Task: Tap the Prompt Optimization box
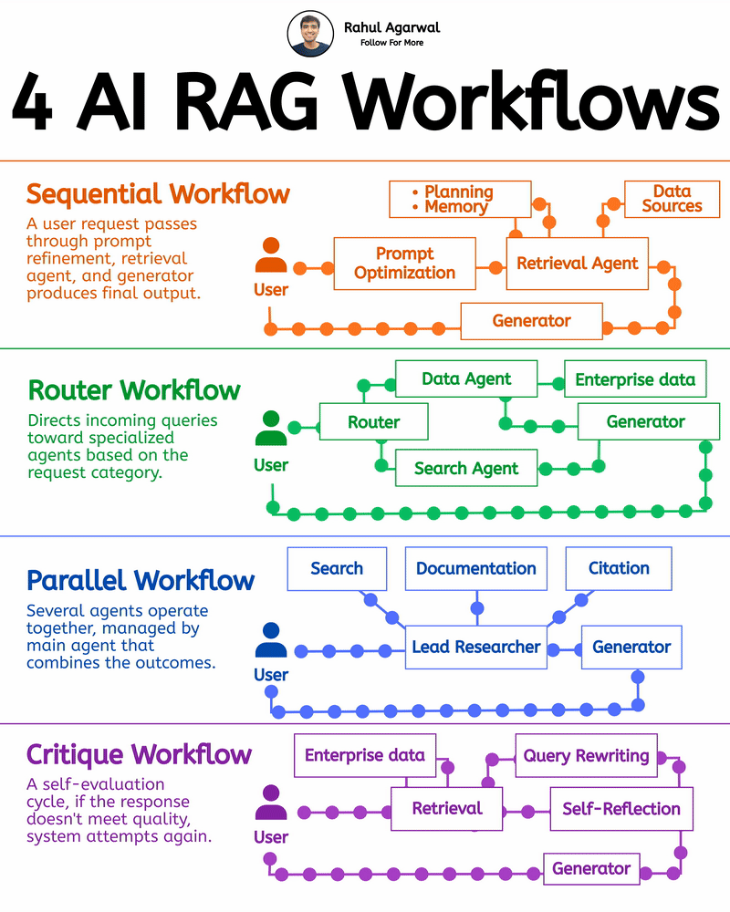404,264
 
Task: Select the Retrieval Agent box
578,264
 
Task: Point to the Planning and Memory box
459,199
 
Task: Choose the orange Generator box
531,321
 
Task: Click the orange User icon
271,256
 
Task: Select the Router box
373,422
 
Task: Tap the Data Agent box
466,378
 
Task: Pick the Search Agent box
465,469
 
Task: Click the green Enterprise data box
635,378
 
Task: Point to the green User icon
271,429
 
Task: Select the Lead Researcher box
475,647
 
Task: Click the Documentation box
475,568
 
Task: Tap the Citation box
618,568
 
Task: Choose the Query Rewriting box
586,756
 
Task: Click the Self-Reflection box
620,808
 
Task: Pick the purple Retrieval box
446,808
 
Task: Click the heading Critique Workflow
139,755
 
